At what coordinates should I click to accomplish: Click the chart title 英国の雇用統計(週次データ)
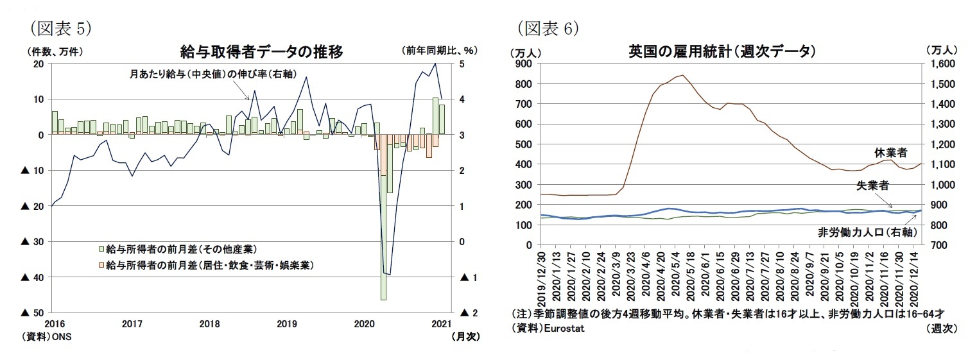(722, 52)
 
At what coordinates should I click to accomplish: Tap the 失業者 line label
(872, 185)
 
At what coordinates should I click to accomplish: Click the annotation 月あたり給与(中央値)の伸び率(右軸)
(212, 74)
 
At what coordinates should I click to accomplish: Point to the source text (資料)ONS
(49, 336)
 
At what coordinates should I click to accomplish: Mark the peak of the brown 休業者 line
(680, 75)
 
